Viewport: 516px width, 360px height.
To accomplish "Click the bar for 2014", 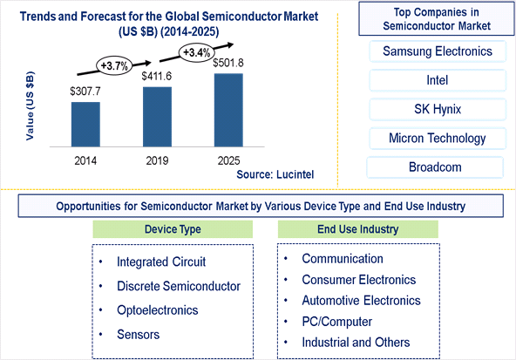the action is click(x=85, y=125).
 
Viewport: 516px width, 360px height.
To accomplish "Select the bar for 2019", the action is click(x=157, y=117).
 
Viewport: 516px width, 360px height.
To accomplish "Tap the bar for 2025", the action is click(x=228, y=110).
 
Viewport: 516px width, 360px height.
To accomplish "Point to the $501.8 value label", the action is click(x=228, y=63).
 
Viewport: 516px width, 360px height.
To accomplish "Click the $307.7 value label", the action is click(x=85, y=92).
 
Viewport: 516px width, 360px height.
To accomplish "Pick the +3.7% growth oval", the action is click(x=114, y=66).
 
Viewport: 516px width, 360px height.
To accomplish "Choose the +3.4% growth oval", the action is click(x=196, y=52).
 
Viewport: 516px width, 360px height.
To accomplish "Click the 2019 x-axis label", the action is click(x=157, y=160).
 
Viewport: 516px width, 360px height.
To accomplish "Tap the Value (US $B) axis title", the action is click(x=30, y=106).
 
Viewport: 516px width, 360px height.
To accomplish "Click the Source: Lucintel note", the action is click(x=275, y=174).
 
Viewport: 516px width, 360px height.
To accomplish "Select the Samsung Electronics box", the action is click(x=438, y=51).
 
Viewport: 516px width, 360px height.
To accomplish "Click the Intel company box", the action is click(x=438, y=80).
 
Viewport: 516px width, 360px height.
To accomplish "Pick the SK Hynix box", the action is click(x=438, y=109).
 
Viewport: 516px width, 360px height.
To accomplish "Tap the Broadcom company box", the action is click(x=435, y=167).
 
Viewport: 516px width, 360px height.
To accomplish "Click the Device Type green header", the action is click(x=173, y=229).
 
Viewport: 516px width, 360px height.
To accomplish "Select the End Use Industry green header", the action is click(x=358, y=229).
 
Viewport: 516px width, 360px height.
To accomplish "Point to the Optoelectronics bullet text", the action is click(x=157, y=310).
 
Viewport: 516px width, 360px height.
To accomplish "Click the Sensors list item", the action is click(x=139, y=335).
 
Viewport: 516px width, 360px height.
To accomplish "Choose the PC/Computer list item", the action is click(x=337, y=322).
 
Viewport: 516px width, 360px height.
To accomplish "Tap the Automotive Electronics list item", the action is click(x=362, y=301).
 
